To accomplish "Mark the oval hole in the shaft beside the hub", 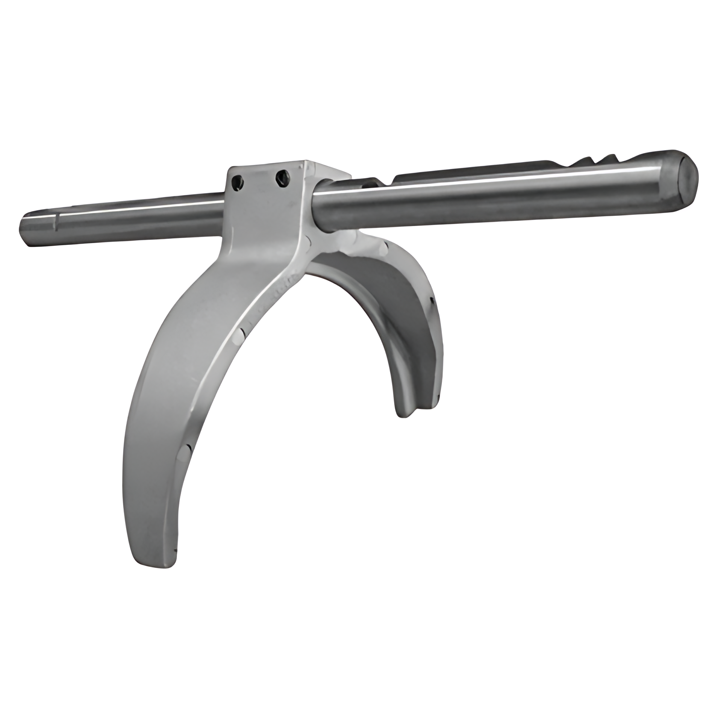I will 368,185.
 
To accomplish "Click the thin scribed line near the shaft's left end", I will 56,224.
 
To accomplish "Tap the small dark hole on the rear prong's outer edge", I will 432,302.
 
